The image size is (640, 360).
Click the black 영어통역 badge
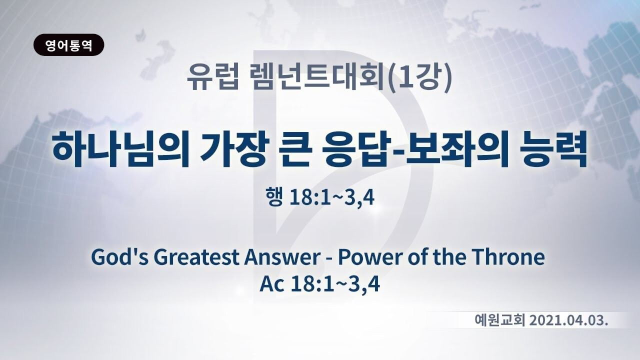tap(69, 45)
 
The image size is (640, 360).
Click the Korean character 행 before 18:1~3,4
tap(274, 196)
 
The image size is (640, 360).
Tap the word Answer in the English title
tap(282, 257)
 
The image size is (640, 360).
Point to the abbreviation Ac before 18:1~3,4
tap(272, 284)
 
